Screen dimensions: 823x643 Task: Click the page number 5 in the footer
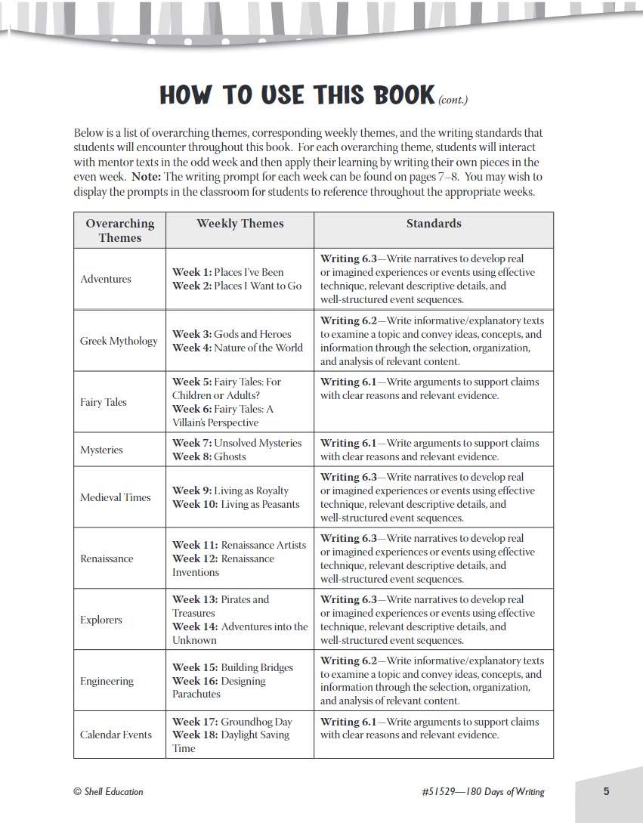tap(606, 791)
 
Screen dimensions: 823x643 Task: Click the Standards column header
tap(434, 224)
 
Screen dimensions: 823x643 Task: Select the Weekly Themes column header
tap(240, 224)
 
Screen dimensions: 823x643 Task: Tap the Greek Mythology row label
tap(119, 341)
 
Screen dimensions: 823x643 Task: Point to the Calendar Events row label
tap(116, 735)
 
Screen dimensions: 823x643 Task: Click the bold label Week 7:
tap(191, 443)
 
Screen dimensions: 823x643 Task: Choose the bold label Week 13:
tap(195, 599)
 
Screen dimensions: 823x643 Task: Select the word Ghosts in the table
tap(230, 456)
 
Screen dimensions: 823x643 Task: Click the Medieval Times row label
tap(116, 497)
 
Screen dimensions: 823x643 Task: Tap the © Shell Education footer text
tap(108, 791)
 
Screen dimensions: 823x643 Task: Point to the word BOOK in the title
tap(397, 95)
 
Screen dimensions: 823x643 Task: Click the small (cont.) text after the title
tap(453, 99)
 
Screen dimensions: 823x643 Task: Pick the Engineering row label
tap(107, 681)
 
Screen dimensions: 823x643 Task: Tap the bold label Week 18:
tap(195, 735)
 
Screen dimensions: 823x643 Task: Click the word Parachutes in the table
tap(196, 694)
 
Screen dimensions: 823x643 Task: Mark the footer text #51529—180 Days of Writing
tap(483, 791)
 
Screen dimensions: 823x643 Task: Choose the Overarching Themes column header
tap(119, 231)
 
